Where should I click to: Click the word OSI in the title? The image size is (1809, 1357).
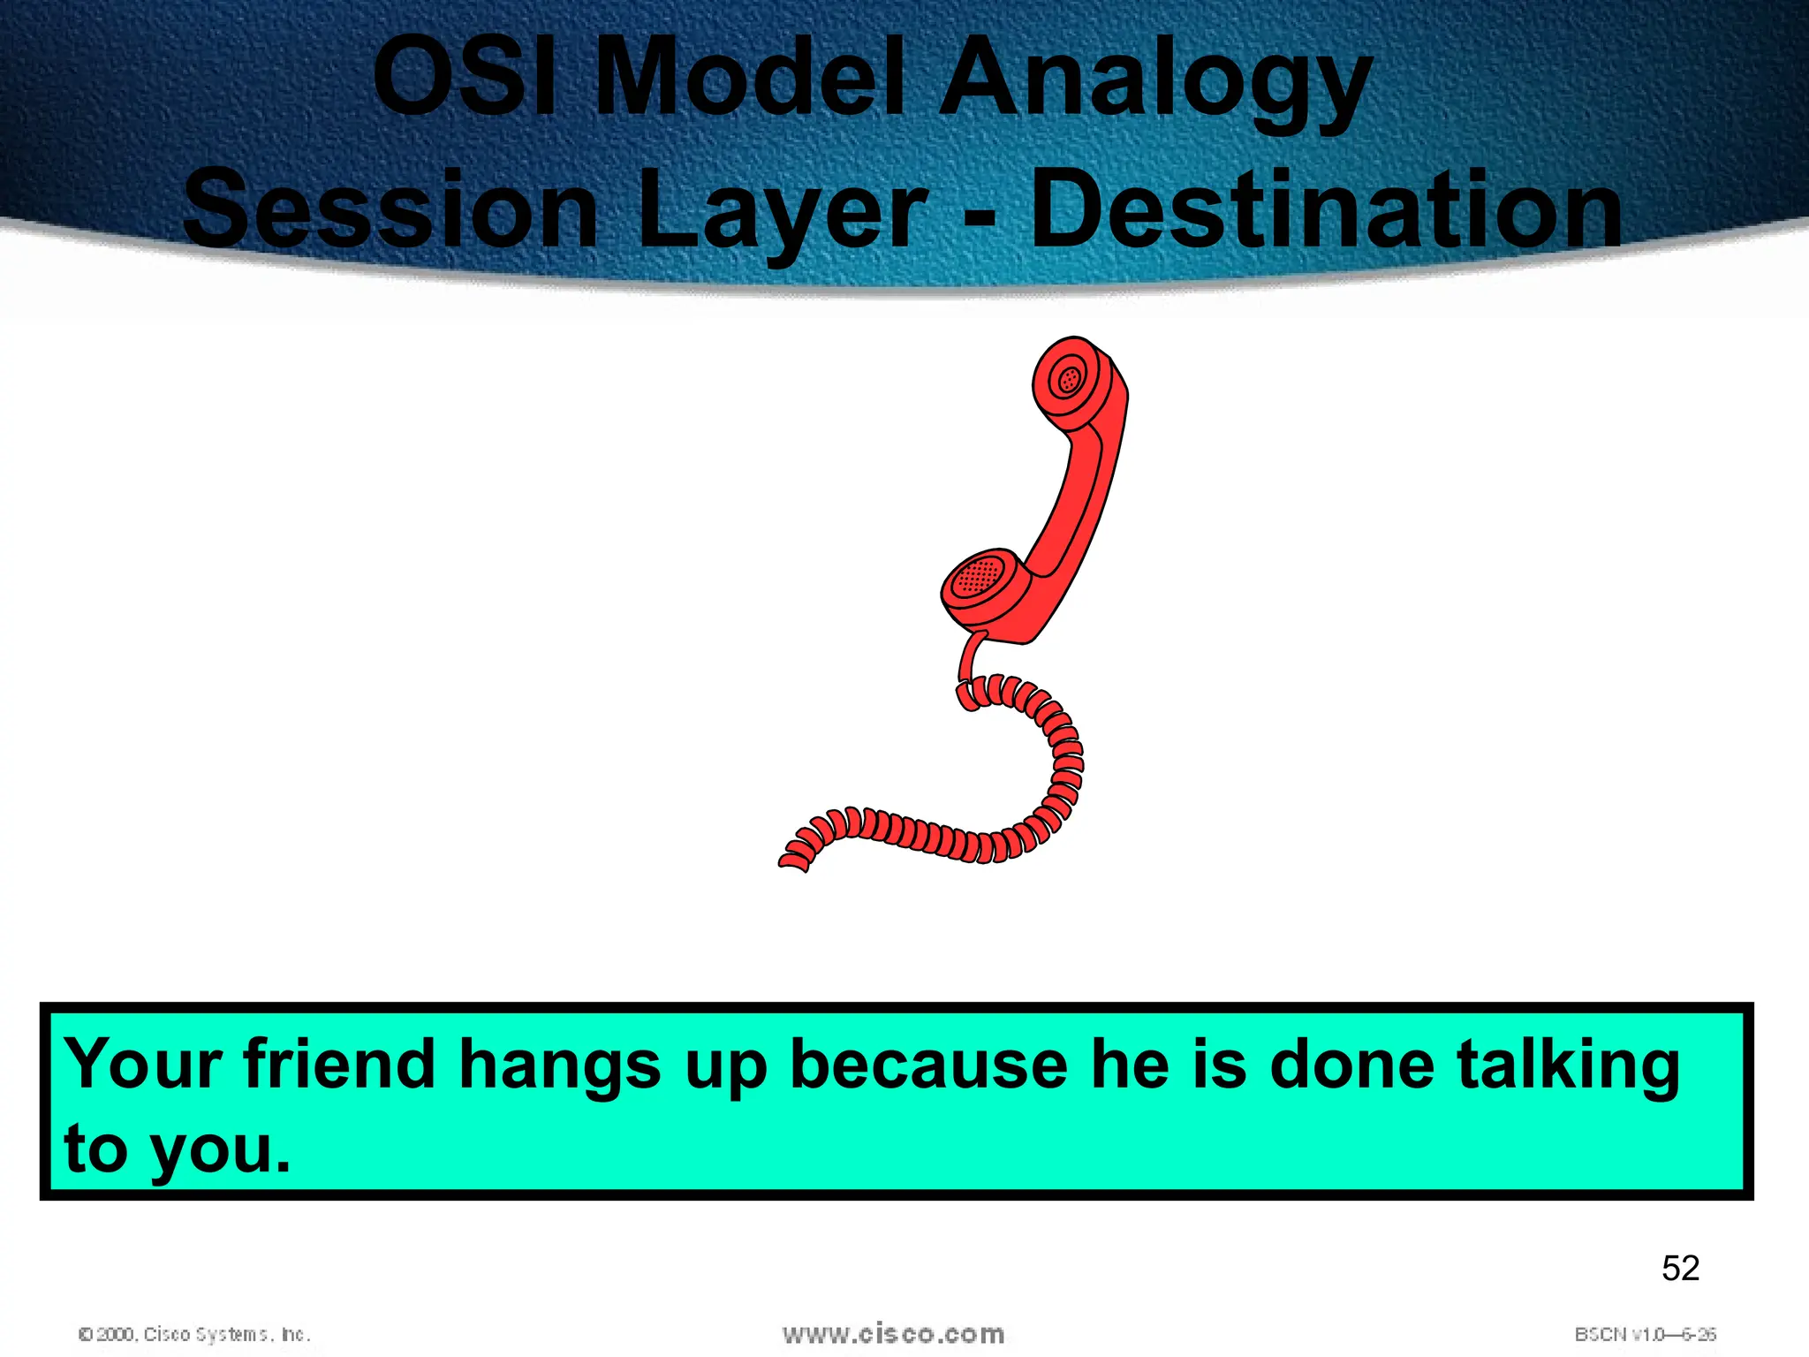tap(465, 78)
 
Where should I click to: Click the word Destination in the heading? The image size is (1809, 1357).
tap(1326, 210)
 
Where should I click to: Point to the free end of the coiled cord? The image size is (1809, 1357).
tap(792, 860)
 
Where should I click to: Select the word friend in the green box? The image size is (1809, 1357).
tap(339, 1065)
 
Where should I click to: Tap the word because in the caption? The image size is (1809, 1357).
tap(928, 1065)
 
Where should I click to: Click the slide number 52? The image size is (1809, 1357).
tap(1680, 1269)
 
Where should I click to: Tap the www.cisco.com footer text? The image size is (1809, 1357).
tap(893, 1334)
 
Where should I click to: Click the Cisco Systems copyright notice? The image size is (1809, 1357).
tap(194, 1334)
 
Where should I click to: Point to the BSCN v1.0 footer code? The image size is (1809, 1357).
tap(1645, 1334)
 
